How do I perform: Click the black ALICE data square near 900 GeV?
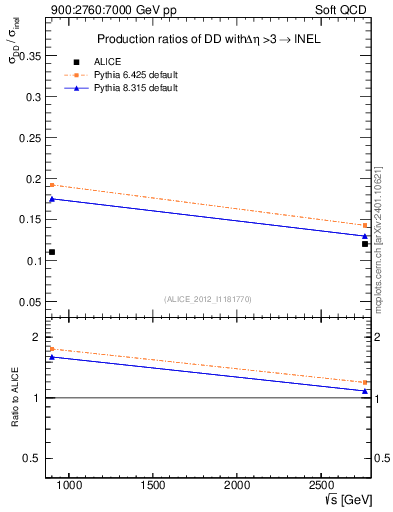coord(52,252)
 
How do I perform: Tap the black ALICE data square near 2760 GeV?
coord(365,244)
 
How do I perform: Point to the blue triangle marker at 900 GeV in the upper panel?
coord(52,199)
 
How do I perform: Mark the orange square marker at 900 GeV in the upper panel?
coord(52,185)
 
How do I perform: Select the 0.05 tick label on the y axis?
coord(28,302)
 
